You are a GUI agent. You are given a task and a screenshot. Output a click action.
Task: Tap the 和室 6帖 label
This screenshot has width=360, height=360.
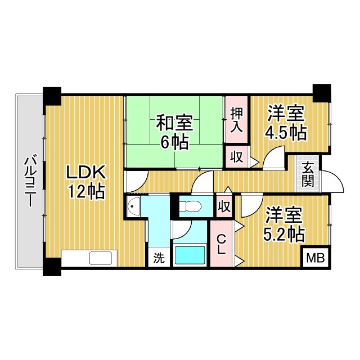coord(174,132)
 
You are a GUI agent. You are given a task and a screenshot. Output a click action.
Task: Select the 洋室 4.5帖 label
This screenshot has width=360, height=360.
coord(286,123)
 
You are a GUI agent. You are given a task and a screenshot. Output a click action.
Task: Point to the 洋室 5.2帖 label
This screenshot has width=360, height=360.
coord(283,225)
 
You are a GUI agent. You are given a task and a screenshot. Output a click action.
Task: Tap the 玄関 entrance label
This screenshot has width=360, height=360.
coord(308,174)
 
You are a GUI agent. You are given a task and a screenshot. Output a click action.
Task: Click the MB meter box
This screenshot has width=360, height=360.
coord(316,258)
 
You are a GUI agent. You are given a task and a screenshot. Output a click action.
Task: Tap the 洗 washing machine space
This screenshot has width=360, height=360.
coord(159,258)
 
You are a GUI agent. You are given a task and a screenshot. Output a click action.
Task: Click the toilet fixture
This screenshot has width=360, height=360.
coord(191,206)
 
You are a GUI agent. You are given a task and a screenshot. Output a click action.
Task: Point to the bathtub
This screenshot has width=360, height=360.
coord(190,255)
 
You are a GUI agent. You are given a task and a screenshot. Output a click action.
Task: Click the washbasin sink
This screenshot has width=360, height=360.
coord(134,206)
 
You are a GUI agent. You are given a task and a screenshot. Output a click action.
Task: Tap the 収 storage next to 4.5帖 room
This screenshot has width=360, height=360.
coord(237,157)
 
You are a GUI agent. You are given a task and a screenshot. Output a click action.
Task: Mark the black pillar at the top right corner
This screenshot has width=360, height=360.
coord(322,93)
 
